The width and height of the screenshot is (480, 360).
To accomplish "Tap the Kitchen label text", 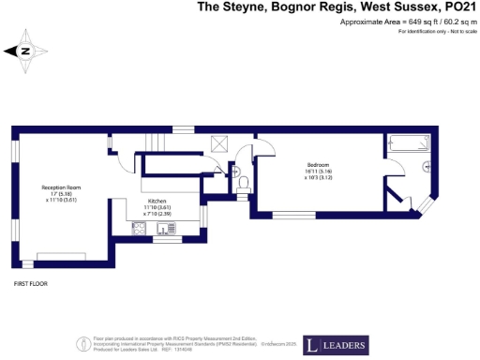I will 157,201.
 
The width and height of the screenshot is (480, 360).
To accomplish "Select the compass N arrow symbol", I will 24,52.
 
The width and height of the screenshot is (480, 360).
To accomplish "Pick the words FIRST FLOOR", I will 30,282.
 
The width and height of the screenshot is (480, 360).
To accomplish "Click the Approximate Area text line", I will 397,22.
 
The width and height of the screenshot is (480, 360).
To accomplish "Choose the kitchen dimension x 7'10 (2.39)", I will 157,215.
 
